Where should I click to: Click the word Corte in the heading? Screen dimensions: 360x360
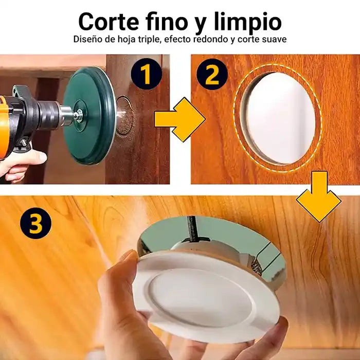[x=109, y=22]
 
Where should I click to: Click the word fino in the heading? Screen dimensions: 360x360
[x=167, y=21]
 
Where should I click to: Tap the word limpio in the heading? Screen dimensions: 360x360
[x=248, y=23]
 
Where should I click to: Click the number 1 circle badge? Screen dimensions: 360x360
[x=146, y=74]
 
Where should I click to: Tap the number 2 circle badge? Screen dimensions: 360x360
[x=212, y=74]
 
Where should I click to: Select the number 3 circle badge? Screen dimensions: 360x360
[x=35, y=223]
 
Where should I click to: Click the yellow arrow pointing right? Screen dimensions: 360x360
[x=179, y=119]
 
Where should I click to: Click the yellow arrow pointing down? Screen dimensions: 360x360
[x=319, y=197]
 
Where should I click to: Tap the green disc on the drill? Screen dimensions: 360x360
[x=90, y=115]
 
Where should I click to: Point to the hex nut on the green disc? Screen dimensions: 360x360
[x=79, y=113]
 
